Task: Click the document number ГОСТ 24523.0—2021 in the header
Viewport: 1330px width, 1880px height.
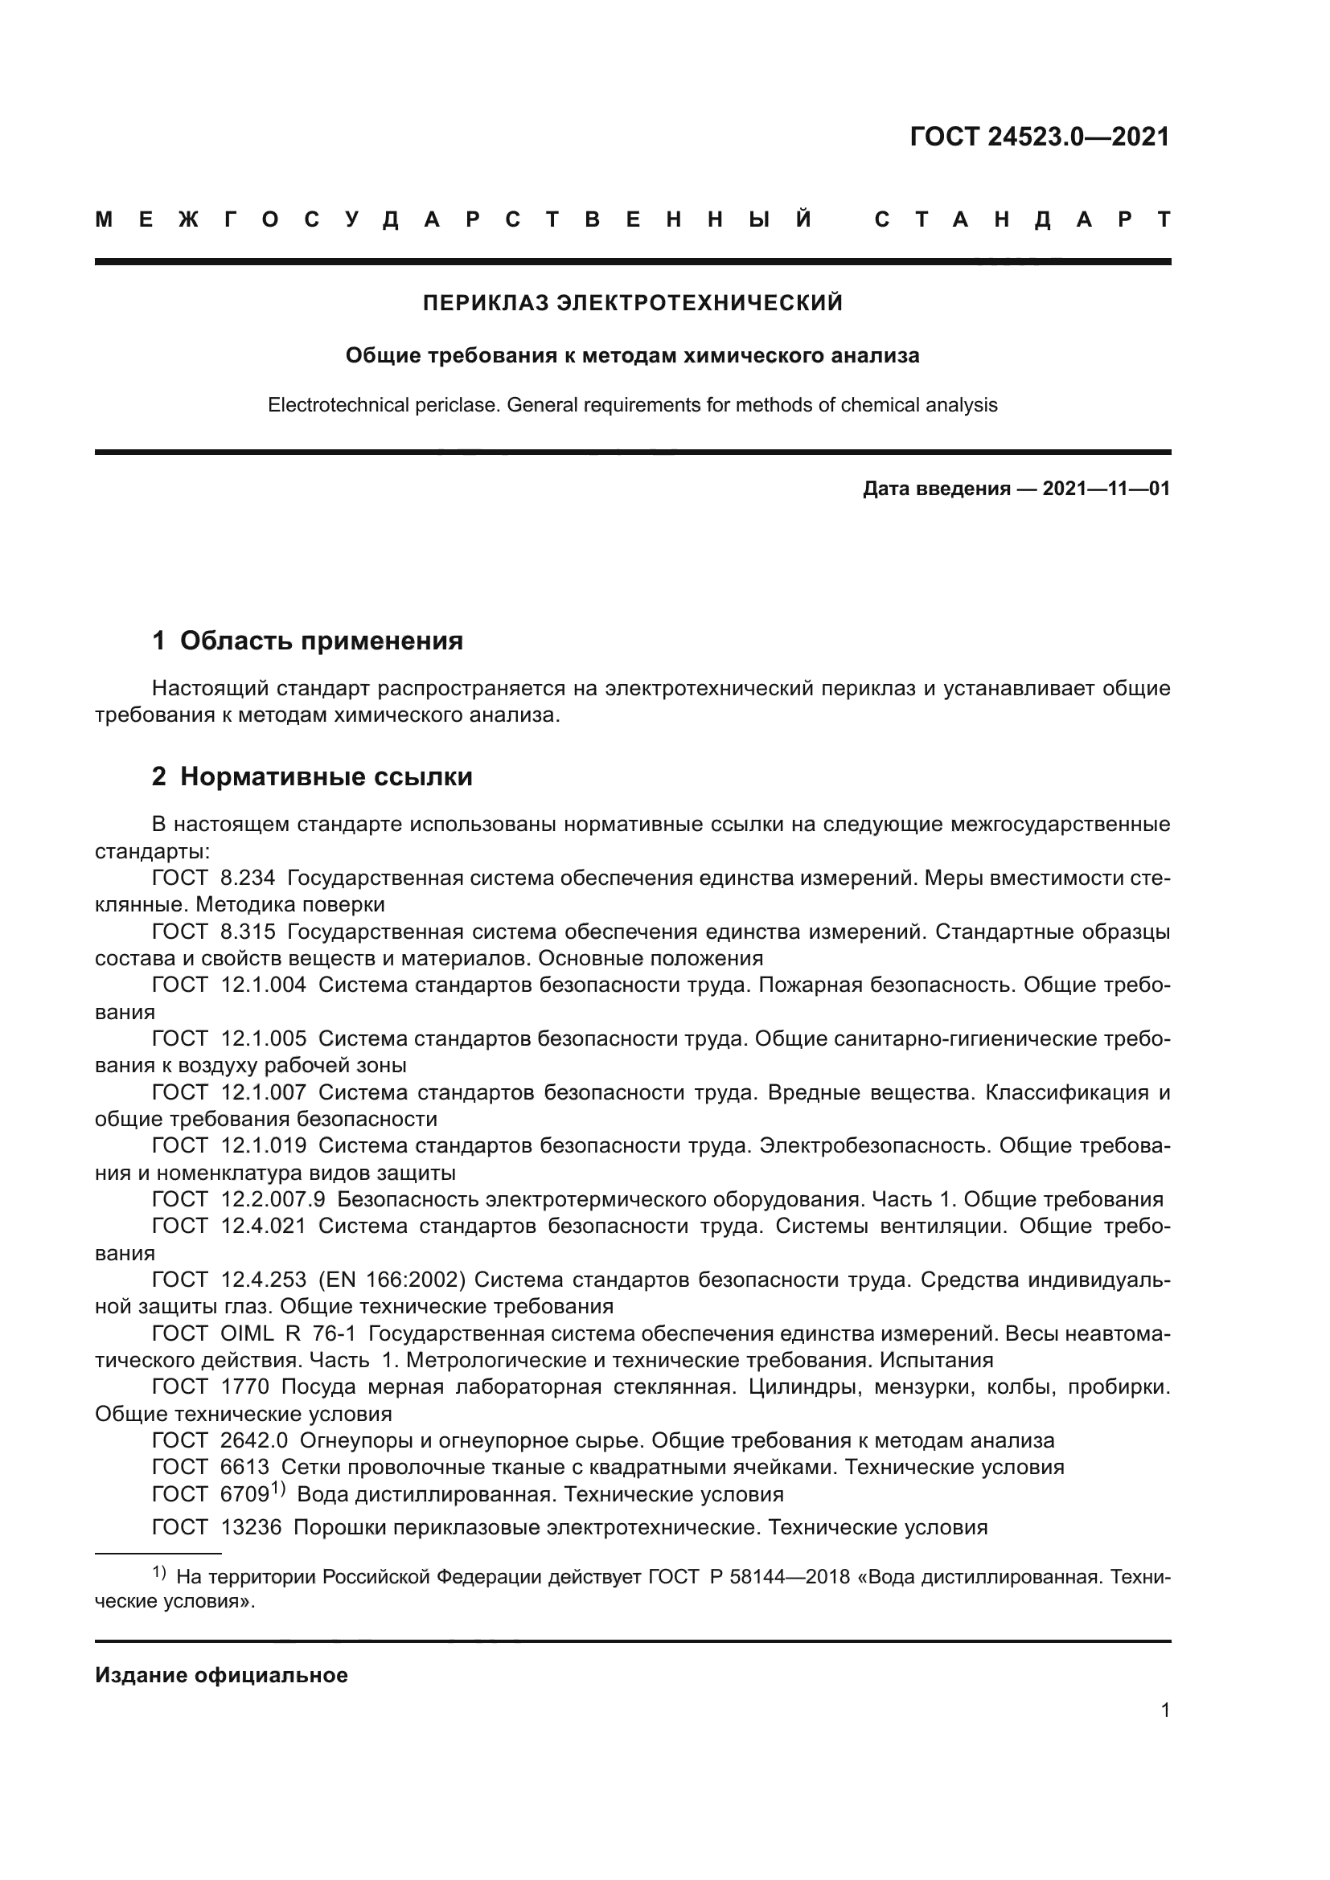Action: point(1039,137)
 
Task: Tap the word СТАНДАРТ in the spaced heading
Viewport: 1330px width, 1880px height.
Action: point(1022,219)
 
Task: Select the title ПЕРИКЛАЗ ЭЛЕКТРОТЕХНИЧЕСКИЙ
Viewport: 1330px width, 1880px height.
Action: point(632,303)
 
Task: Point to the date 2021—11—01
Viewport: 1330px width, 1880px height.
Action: point(1106,489)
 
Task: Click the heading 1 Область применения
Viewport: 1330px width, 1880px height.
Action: point(307,641)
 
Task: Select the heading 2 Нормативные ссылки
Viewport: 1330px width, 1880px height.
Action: point(312,776)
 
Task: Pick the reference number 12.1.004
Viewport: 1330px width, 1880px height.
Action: point(264,985)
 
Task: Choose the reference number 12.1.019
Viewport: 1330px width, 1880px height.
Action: point(264,1145)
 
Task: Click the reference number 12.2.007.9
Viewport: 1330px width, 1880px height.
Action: point(273,1199)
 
